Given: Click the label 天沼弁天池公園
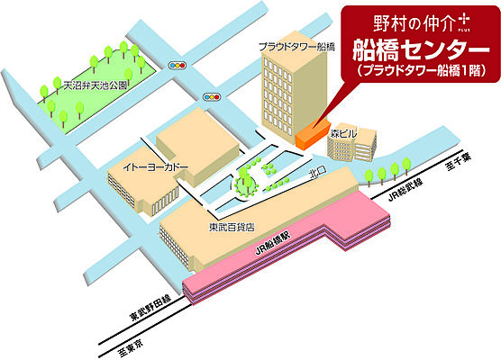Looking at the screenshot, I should pyautogui.click(x=95, y=86).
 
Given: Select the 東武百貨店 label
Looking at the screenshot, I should pyautogui.click(x=230, y=227).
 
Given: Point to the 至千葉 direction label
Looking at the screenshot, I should pyautogui.click(x=452, y=158).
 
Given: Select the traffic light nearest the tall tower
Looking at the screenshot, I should pyautogui.click(x=213, y=96).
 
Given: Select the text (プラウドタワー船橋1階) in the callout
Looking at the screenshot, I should pyautogui.click(x=415, y=69).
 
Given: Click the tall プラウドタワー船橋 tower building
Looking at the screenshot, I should pyautogui.click(x=287, y=94).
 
